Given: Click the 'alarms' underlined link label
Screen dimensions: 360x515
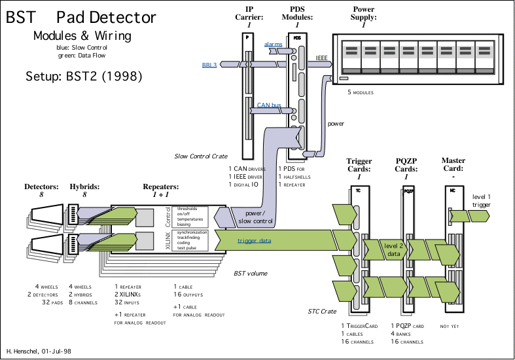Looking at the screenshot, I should (274, 44).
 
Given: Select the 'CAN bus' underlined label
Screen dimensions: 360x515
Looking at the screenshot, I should (269, 105).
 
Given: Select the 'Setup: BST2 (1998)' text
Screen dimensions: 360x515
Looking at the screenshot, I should (84, 76).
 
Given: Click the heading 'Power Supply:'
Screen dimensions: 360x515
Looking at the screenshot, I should (363, 10).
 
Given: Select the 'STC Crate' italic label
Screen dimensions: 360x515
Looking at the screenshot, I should (323, 312).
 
